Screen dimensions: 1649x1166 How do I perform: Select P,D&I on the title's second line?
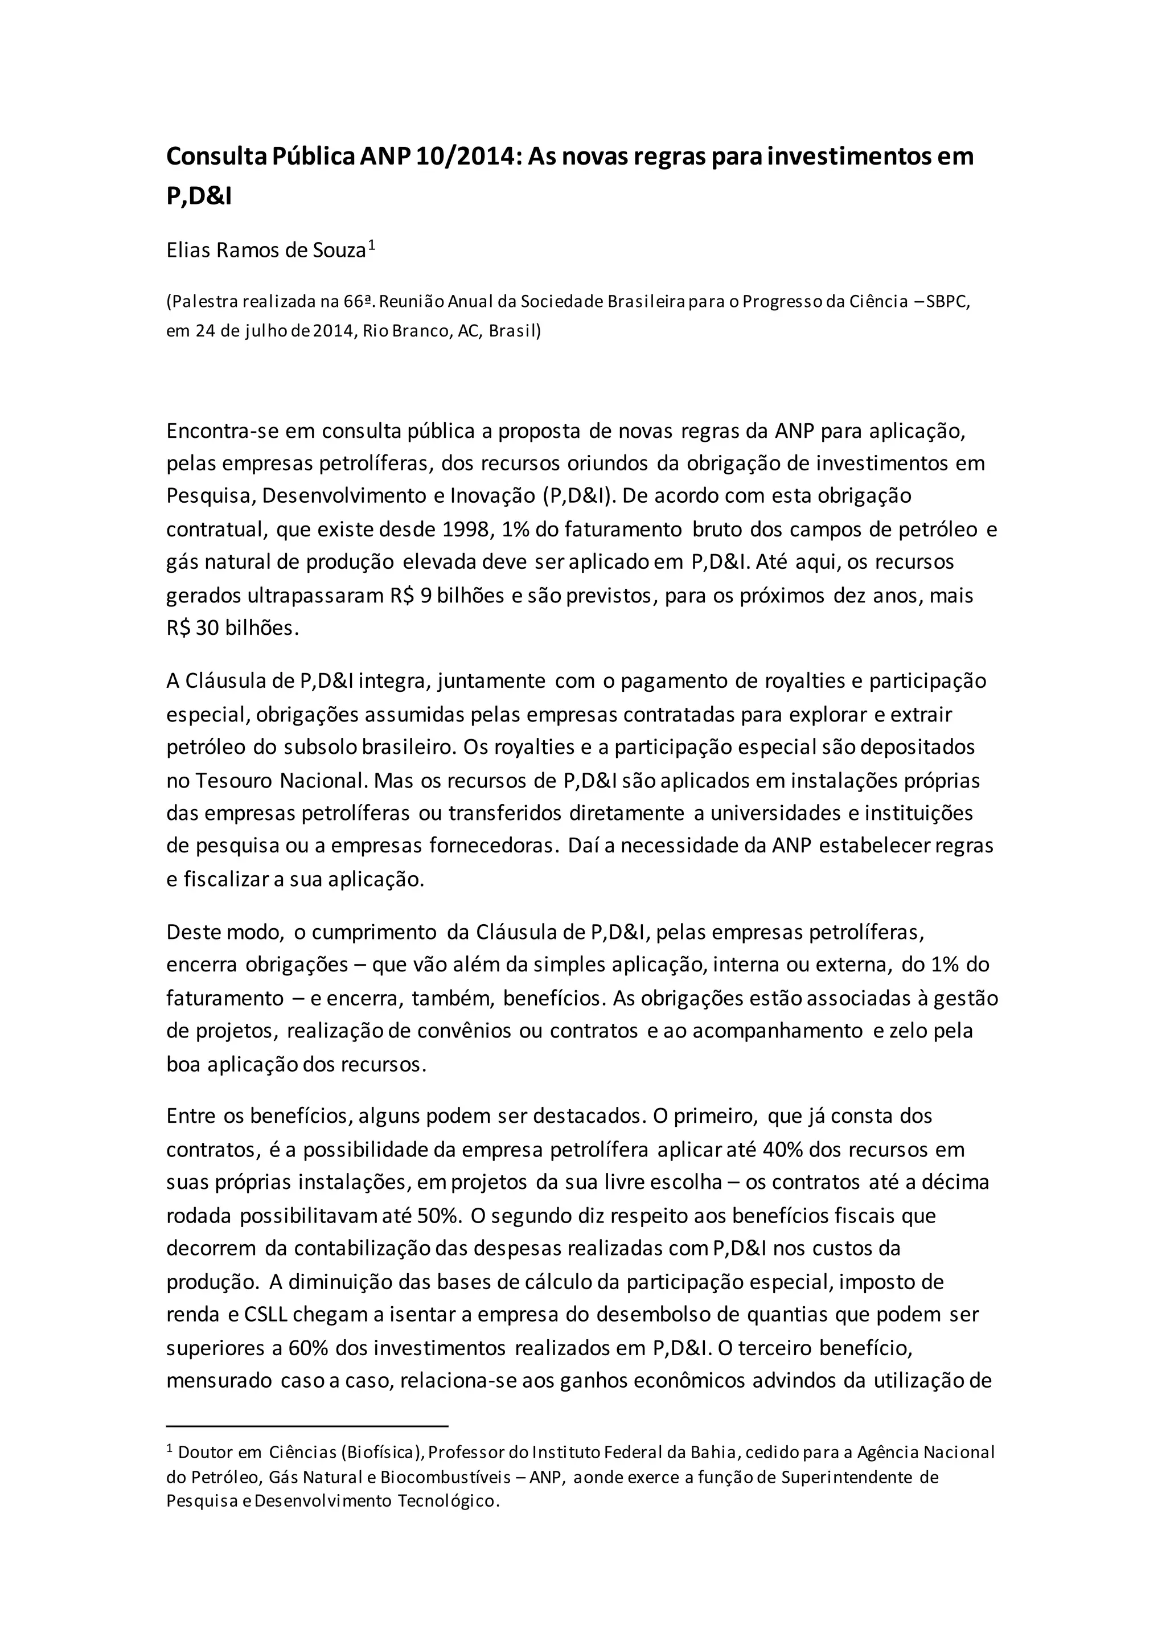click(x=199, y=195)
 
